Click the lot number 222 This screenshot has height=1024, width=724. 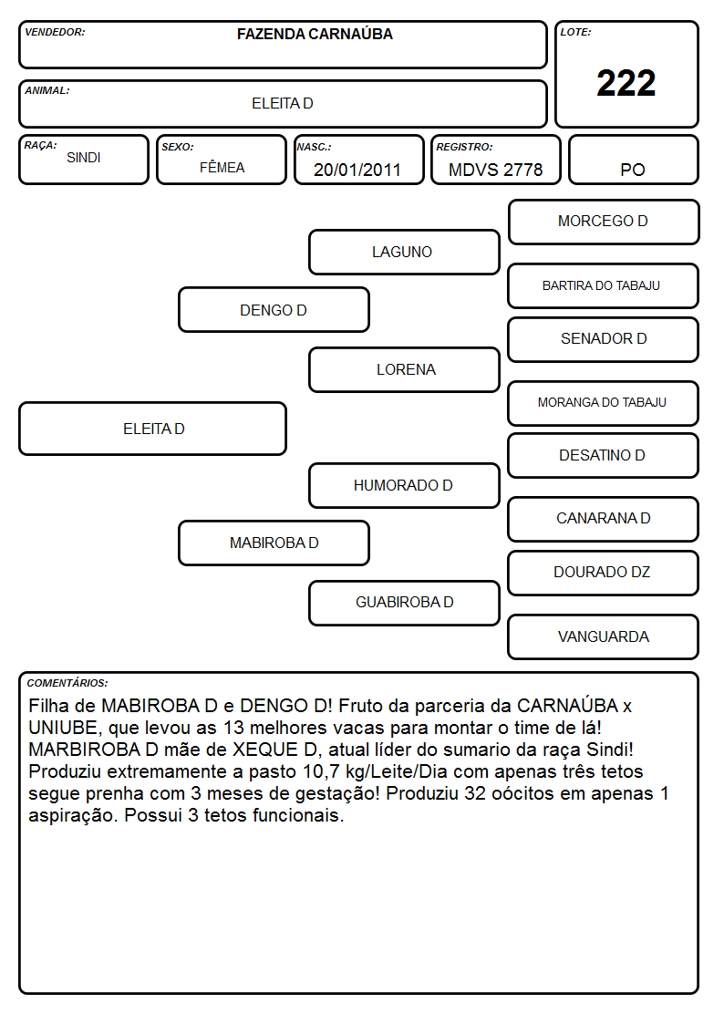[x=626, y=83]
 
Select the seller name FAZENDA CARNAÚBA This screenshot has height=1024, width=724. [x=315, y=34]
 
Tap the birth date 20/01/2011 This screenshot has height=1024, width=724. [x=357, y=170]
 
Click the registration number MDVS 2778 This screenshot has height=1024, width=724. [x=495, y=170]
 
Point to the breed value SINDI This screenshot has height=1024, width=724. [x=84, y=158]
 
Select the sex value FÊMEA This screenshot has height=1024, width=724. [x=222, y=168]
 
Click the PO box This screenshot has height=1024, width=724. [x=633, y=160]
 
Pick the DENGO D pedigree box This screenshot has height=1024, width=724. [x=274, y=309]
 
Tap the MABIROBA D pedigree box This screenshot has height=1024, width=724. [x=274, y=543]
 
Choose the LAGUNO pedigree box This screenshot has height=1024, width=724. [x=404, y=252]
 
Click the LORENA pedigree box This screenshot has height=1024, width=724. [x=404, y=369]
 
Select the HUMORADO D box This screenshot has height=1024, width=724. [x=404, y=485]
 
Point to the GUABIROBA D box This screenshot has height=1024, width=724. [x=404, y=603]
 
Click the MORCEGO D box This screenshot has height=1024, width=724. [x=604, y=222]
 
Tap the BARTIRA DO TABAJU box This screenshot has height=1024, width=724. [x=604, y=285]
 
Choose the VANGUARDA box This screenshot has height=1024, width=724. [x=604, y=636]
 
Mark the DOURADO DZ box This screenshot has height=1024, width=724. [x=604, y=573]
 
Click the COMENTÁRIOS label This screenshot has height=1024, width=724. [x=67, y=683]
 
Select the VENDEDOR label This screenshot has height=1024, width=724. [x=55, y=32]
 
